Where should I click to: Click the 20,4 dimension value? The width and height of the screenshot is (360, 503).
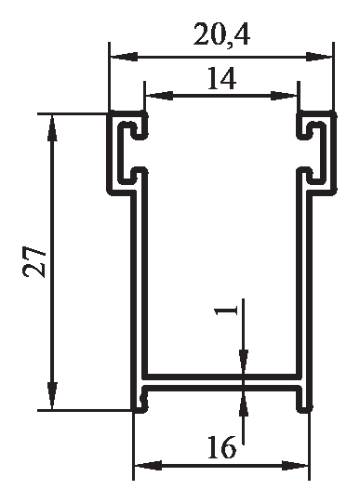coord(221,35)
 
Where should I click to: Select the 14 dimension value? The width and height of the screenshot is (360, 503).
coord(222,78)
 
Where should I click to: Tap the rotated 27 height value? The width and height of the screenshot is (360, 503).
coord(34,261)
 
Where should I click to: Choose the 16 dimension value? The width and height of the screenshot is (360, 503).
coord(221,447)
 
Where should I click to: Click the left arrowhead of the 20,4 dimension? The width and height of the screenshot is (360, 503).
coord(124,57)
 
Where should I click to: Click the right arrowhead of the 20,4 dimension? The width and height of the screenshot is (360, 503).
coord(319,57)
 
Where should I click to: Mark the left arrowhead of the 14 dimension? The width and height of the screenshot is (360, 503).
coord(159,95)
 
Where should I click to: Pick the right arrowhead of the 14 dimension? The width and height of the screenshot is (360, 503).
coord(284,95)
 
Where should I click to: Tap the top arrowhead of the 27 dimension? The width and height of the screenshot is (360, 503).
coord(52,128)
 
